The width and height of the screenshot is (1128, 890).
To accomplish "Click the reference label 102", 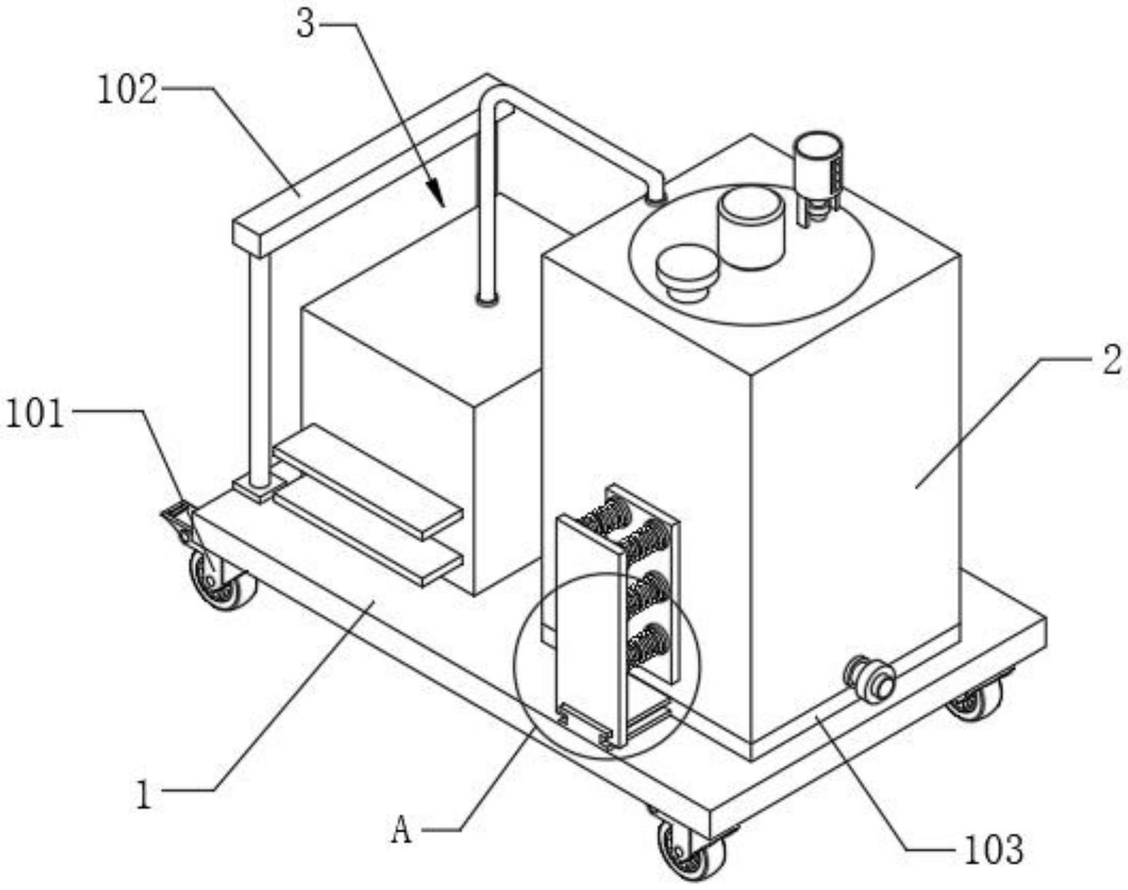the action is click(127, 90).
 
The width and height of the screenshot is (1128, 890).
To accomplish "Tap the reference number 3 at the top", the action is click(306, 24).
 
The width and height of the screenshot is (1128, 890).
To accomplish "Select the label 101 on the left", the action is click(35, 413).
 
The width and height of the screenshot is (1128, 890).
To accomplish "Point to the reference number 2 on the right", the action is click(1111, 359).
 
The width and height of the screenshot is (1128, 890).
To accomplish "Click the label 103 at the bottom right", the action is click(993, 849).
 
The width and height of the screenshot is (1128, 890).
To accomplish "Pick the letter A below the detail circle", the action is click(402, 830).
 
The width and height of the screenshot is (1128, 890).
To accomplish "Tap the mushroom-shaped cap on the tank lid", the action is click(687, 273).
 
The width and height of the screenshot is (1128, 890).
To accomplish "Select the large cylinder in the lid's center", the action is click(751, 227).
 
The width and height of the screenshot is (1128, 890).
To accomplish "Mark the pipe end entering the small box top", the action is click(487, 298).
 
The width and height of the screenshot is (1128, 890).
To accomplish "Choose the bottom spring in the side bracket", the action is click(646, 643).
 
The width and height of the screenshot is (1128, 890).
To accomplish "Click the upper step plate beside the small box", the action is click(368, 482).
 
